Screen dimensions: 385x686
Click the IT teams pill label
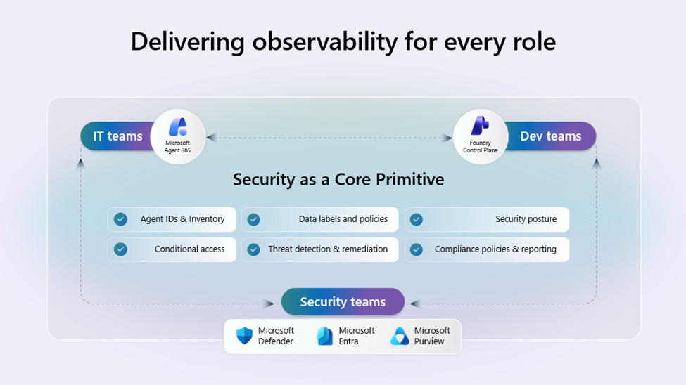pos(117,136)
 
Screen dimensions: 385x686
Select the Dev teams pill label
pos(550,136)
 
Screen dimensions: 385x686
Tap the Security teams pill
pos(343,301)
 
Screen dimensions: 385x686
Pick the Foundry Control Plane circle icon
pos(481,136)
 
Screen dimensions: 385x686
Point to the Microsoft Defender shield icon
pos(244,336)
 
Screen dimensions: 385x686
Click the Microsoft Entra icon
pos(325,336)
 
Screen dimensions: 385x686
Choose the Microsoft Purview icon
pos(400,336)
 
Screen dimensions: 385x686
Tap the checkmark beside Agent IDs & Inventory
pos(121,219)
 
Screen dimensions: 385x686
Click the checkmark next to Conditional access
pos(121,249)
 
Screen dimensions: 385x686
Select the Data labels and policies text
pos(343,219)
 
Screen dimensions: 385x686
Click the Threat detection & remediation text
pos(328,249)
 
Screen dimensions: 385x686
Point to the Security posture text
pos(526,219)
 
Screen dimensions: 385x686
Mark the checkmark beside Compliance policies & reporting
pos(417,249)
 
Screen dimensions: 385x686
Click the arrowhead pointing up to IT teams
pos(81,164)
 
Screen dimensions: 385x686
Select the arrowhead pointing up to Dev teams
pos(597,163)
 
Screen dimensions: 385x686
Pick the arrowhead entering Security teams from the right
pos(414,304)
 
